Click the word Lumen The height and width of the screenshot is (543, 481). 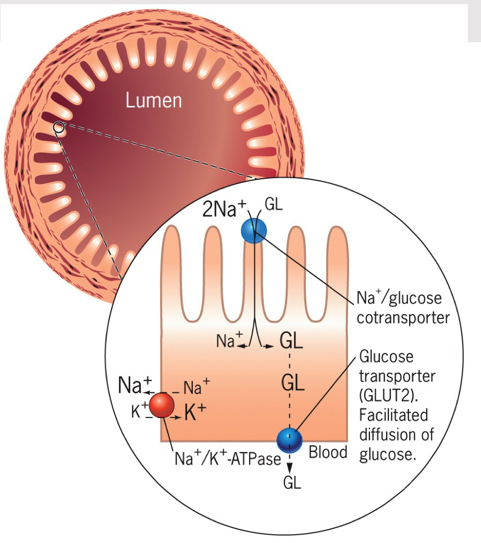point(154,100)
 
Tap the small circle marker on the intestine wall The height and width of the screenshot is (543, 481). point(59,127)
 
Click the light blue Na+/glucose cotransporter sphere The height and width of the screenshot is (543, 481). point(254,230)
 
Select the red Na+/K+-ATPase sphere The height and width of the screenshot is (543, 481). point(162,405)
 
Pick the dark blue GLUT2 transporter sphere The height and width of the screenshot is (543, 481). point(290,441)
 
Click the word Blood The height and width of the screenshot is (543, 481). point(328,452)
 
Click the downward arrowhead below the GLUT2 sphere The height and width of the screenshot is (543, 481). point(290,466)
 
